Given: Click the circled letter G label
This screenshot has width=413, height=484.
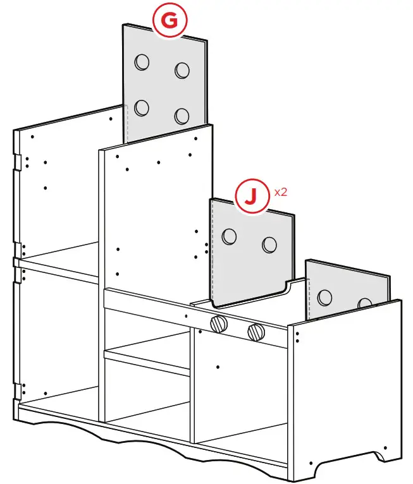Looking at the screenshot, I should click(x=169, y=21).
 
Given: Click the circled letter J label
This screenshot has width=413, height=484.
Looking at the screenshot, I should click(x=251, y=197).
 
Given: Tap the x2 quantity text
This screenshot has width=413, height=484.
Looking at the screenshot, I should click(x=280, y=192).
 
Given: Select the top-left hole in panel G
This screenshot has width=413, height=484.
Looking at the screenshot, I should click(x=142, y=62).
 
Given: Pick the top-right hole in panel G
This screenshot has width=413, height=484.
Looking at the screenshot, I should click(x=183, y=70).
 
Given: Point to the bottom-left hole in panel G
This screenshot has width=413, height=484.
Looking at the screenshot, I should click(x=142, y=107).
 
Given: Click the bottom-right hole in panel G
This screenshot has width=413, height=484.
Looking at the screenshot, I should click(x=183, y=116).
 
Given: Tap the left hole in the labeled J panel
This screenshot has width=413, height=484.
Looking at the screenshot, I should click(x=229, y=236).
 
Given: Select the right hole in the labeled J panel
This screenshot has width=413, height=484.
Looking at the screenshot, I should click(x=269, y=245).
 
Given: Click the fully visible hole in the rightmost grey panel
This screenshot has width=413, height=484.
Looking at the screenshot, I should click(x=326, y=296).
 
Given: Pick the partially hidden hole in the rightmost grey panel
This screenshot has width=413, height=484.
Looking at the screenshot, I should click(x=365, y=304).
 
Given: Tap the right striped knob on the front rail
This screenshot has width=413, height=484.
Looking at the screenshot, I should click(x=256, y=330).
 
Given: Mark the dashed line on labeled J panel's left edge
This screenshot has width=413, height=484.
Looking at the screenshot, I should click(x=213, y=253).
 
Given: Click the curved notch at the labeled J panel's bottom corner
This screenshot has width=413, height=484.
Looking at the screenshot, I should click(x=288, y=286).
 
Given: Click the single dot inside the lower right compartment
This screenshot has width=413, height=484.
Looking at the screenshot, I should click(x=218, y=366).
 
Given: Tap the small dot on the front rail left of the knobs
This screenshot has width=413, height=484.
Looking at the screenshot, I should click(x=186, y=315).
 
